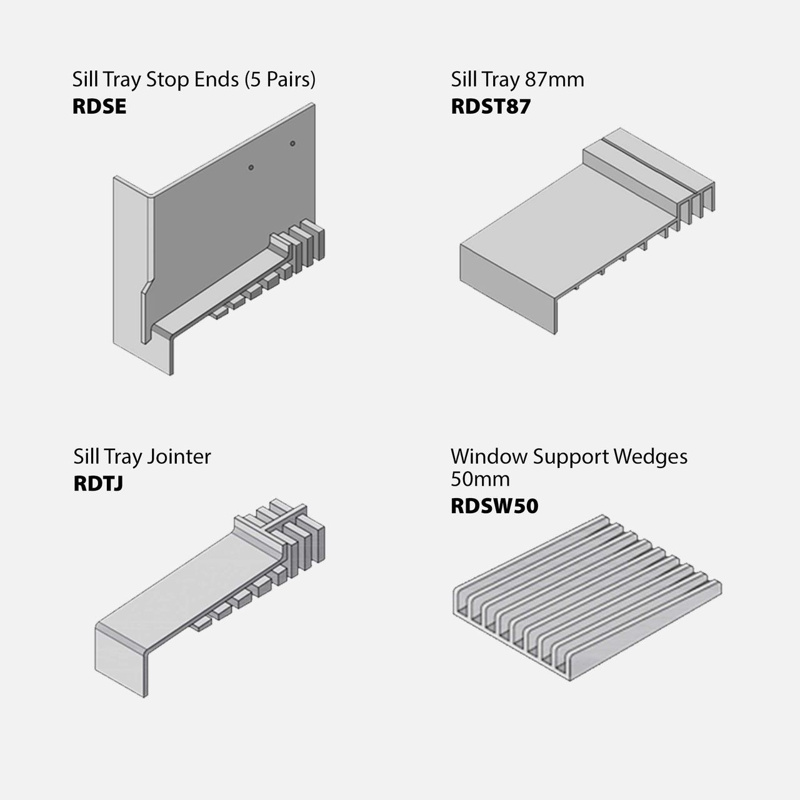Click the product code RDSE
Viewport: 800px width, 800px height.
[x=99, y=106]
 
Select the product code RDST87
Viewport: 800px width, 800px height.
[x=491, y=106]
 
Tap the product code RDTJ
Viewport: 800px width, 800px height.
[x=98, y=484]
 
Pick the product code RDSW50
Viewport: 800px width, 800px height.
[x=494, y=506]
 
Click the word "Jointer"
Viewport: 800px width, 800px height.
[x=178, y=457]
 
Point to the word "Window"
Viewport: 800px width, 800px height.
[x=489, y=457]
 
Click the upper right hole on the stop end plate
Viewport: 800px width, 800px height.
[x=292, y=144]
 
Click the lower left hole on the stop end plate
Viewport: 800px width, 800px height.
[x=251, y=167]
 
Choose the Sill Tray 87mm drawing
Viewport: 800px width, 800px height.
[x=587, y=231]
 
